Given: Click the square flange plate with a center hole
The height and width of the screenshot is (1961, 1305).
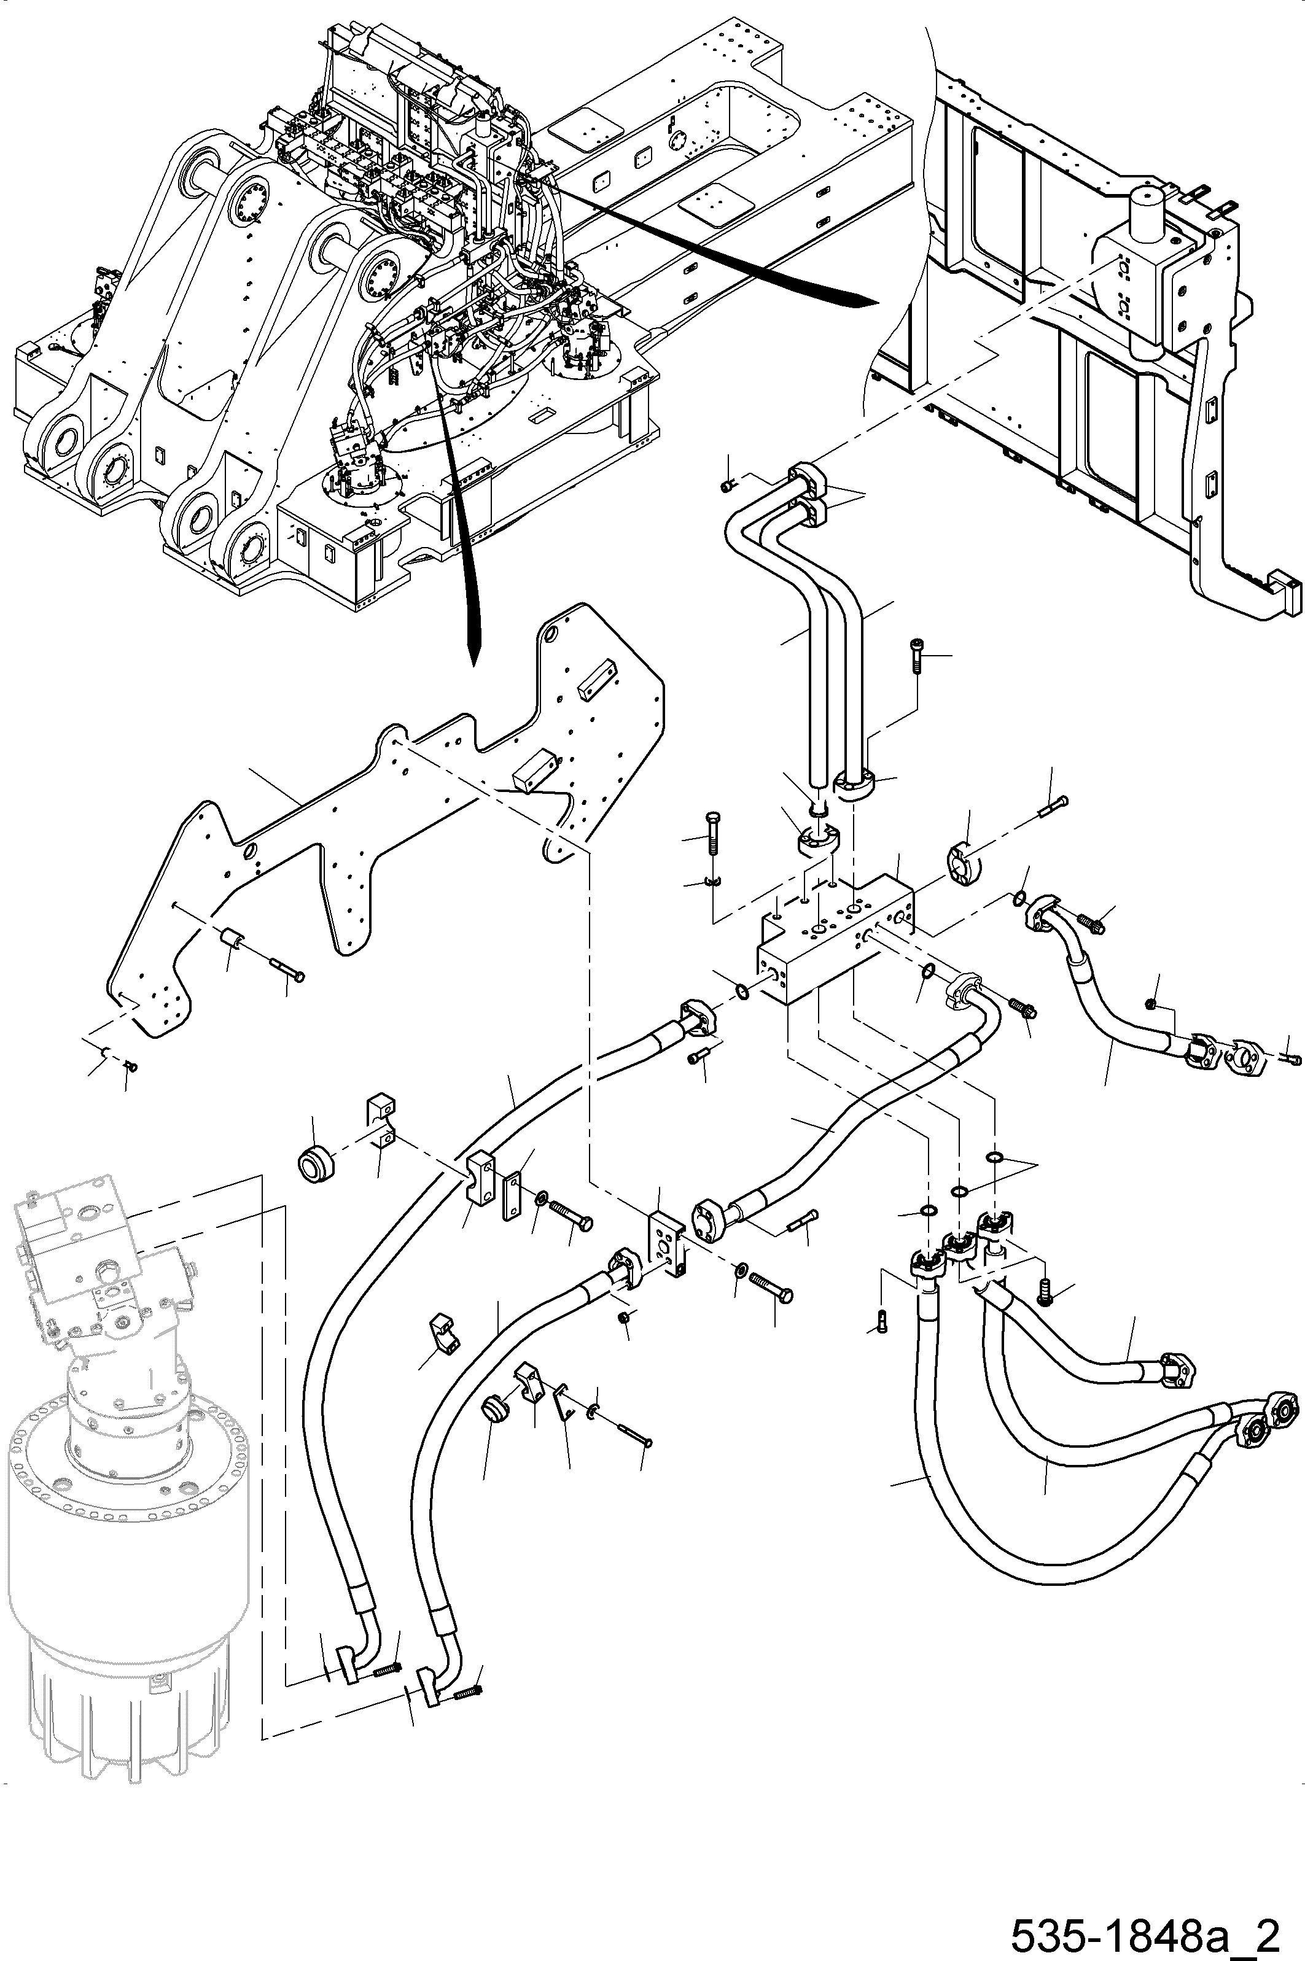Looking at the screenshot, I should [x=666, y=1243].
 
